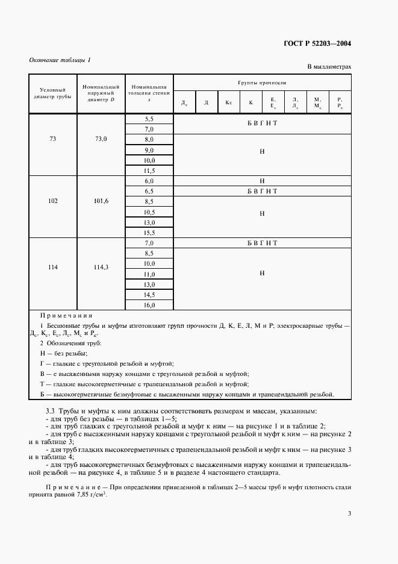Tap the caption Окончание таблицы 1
tap(60, 60)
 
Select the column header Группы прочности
tap(262, 82)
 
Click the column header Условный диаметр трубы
tap(52, 93)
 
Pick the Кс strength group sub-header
tap(229, 102)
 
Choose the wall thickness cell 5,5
tap(149, 119)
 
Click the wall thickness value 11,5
tap(149, 171)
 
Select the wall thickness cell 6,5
tap(149, 191)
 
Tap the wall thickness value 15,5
tap(149, 233)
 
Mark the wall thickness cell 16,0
tap(149, 305)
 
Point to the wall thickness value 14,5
tap(149, 295)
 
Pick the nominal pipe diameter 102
tap(52, 201)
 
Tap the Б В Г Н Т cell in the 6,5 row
tap(262, 191)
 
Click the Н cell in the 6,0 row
tap(262, 181)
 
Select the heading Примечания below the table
tap(66, 315)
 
